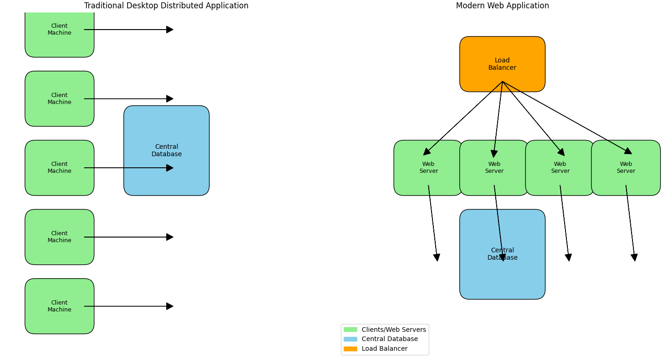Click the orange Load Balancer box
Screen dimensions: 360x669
coord(502,64)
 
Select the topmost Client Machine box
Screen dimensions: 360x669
coord(59,32)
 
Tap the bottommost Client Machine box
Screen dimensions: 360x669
coord(59,306)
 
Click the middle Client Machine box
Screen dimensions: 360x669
coord(59,168)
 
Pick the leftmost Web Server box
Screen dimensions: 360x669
coord(428,168)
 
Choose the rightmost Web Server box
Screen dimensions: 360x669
coord(626,168)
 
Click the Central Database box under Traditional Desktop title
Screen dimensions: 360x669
coord(166,150)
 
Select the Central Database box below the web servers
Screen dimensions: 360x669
coord(502,254)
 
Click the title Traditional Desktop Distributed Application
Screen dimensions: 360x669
coord(166,6)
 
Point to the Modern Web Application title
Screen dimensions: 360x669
coord(502,6)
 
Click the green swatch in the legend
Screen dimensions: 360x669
coord(350,329)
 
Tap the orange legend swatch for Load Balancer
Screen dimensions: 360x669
coord(350,349)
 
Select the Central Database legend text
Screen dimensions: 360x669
coord(389,339)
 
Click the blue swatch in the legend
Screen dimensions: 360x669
coord(350,339)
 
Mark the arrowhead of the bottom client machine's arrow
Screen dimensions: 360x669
coord(170,306)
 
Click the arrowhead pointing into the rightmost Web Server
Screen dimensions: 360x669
coord(628,151)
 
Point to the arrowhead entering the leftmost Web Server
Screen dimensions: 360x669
coord(426,152)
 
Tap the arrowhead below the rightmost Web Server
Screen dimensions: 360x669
coord(634,257)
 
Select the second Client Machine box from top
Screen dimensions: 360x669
coord(59,98)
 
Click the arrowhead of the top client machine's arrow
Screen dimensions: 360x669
coord(170,30)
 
